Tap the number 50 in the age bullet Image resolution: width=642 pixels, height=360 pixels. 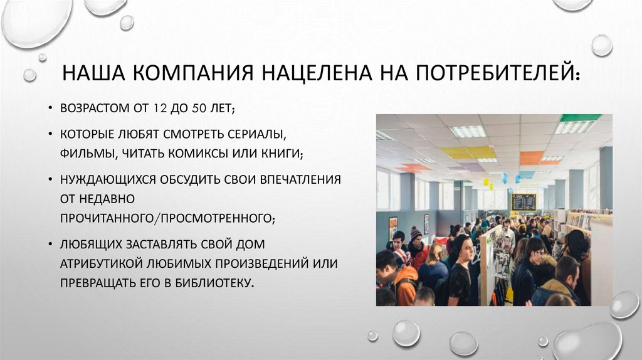(201, 109)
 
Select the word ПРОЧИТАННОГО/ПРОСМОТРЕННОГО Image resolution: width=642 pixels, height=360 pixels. (168, 217)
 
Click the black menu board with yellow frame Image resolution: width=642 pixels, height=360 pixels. (524, 201)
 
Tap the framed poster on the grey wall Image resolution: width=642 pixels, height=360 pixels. (393, 224)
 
